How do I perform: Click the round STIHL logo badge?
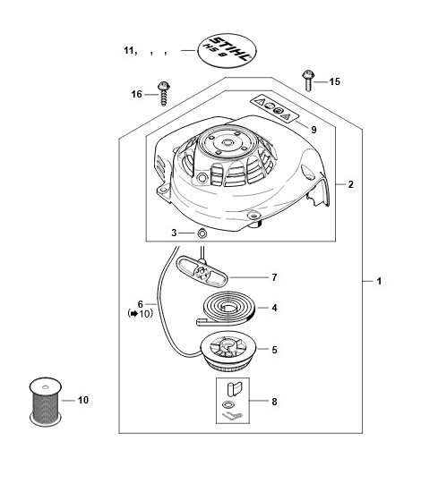pyautogui.click(x=227, y=50)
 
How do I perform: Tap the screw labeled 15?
pyautogui.click(x=307, y=81)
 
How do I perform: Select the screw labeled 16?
pyautogui.click(x=163, y=94)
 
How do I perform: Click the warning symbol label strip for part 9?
pyautogui.click(x=274, y=108)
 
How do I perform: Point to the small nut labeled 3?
pyautogui.click(x=202, y=233)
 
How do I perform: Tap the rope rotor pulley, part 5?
pyautogui.click(x=228, y=352)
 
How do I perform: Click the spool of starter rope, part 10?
pyautogui.click(x=46, y=402)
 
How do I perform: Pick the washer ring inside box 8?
pyautogui.click(x=228, y=404)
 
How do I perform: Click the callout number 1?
pyautogui.click(x=379, y=281)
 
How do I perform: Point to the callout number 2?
pyautogui.click(x=350, y=184)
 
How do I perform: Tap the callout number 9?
pyautogui.click(x=314, y=130)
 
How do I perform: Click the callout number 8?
pyautogui.click(x=274, y=402)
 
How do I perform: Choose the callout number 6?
pyautogui.click(x=141, y=304)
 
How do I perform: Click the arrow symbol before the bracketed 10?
pyautogui.click(x=134, y=313)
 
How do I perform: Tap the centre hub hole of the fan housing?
pyautogui.click(x=227, y=143)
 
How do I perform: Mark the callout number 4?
pyautogui.click(x=274, y=308)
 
